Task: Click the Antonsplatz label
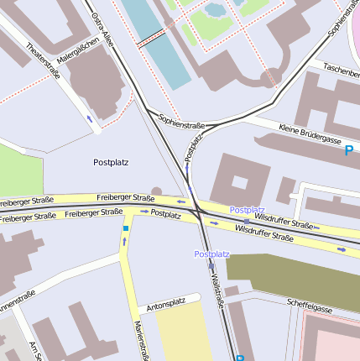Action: pyautogui.click(x=166, y=302)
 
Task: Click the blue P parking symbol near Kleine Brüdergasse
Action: pyautogui.click(x=348, y=151)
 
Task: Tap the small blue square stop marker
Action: pyautogui.click(x=125, y=228)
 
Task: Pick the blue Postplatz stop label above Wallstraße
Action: pyautogui.click(x=211, y=254)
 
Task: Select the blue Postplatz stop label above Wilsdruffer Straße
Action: pyautogui.click(x=247, y=209)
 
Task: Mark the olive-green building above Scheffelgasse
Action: pyautogui.click(x=294, y=278)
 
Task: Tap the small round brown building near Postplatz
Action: pyautogui.click(x=156, y=191)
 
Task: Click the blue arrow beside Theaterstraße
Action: pyautogui.click(x=90, y=118)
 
